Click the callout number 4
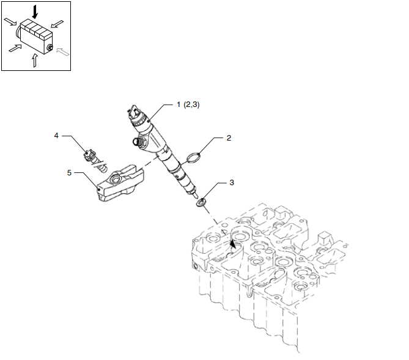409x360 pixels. point(56,136)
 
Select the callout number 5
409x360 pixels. point(69,173)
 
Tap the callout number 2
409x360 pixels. point(229,138)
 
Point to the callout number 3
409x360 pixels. point(232,183)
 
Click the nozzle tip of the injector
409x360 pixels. point(196,195)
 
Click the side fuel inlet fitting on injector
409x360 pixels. point(138,141)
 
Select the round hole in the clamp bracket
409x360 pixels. point(116,179)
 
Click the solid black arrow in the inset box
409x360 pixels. point(35,12)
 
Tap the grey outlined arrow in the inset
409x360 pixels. point(62,52)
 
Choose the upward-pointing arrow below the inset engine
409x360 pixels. point(34,61)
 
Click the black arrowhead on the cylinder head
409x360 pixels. point(233,244)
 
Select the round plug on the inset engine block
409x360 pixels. point(50,48)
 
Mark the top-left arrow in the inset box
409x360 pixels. point(10,21)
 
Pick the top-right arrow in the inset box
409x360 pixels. point(57,24)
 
